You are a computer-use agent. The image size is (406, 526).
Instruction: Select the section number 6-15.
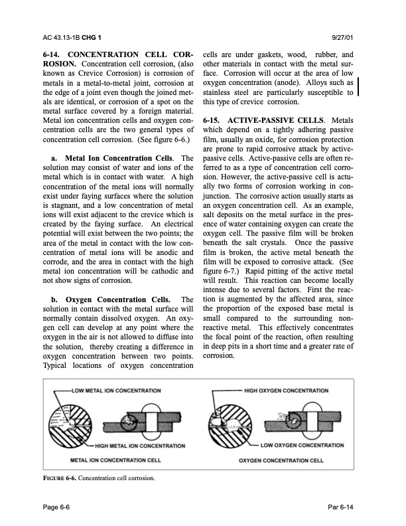(x=216, y=120)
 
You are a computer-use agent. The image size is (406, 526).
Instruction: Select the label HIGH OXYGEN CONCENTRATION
(x=291, y=390)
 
